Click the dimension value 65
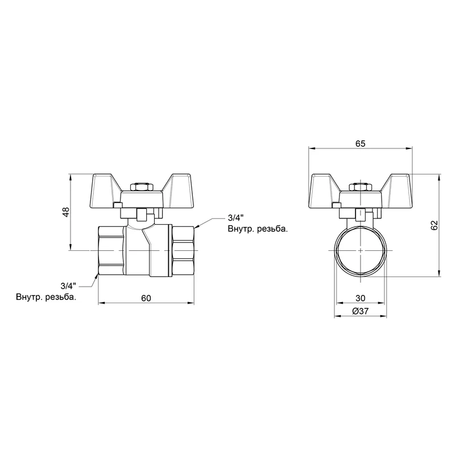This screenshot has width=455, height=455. [360, 144]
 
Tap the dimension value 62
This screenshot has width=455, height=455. [434, 225]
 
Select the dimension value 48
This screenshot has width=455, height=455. [66, 212]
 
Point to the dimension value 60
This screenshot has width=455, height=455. [146, 298]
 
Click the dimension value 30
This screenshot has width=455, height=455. [360, 298]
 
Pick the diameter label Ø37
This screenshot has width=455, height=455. [360, 311]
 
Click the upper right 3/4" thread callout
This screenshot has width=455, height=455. [235, 217]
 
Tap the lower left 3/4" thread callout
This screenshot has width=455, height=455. [68, 286]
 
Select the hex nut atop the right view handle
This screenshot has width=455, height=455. [360, 187]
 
